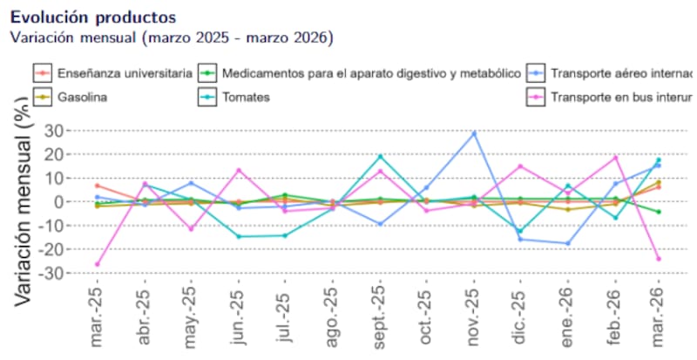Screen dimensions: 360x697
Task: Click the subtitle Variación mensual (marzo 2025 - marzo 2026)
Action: coord(171,37)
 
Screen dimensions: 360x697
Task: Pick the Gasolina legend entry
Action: coord(82,97)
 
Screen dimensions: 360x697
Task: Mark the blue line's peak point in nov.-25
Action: coord(474,132)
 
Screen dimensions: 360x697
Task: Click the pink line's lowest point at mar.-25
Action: coord(97,264)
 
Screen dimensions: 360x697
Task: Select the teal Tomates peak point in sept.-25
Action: coord(380,156)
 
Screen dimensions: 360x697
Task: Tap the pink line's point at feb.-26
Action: coord(615,158)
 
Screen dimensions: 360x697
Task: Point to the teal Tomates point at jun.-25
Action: coord(238,236)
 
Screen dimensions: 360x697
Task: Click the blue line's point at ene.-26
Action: coord(568,243)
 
